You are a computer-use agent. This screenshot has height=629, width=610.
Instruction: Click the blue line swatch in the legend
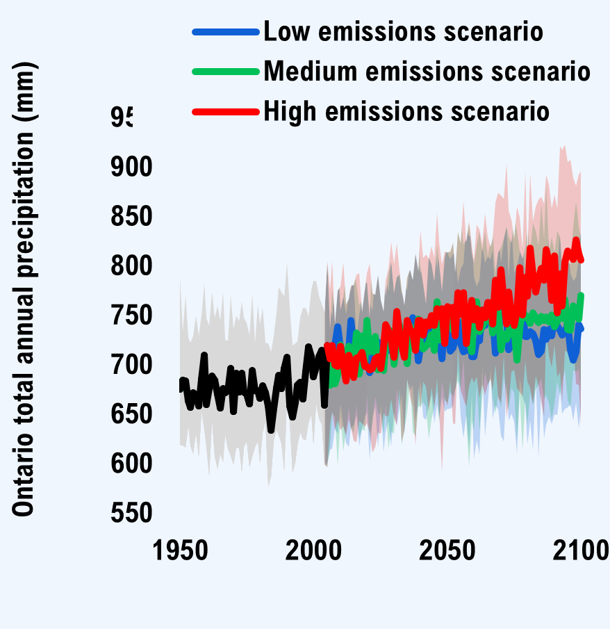226,31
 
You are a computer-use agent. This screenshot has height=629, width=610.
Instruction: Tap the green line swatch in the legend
226,72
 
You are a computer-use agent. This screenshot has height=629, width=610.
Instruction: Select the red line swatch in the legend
226,111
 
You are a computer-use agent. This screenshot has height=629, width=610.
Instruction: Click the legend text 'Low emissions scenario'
403,31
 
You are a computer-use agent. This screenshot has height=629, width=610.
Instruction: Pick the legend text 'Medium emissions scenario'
427,71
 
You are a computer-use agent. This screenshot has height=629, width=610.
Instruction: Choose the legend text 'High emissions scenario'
406,111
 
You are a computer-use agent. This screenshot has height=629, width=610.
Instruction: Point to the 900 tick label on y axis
132,167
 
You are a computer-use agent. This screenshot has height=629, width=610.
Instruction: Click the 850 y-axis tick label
132,216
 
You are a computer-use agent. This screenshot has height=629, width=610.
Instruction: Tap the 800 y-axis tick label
132,266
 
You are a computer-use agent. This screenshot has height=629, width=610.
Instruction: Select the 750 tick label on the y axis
132,315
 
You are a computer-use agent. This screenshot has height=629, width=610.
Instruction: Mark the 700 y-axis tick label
132,364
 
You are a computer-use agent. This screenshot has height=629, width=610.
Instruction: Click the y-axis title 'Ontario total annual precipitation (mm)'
24,288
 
